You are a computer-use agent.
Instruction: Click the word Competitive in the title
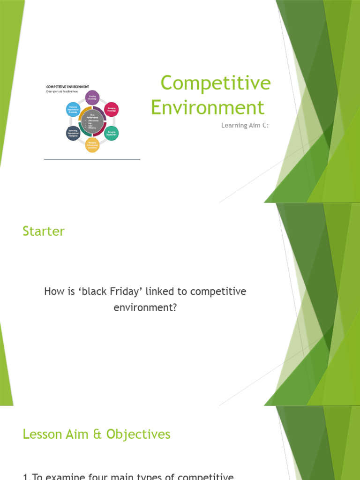216,83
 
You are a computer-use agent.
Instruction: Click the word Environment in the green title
208,107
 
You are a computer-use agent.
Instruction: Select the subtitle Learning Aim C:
244,125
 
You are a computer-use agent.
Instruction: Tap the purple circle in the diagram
92,97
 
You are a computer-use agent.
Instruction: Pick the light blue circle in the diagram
73,110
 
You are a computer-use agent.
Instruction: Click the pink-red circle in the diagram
112,110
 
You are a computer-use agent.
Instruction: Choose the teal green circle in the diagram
112,133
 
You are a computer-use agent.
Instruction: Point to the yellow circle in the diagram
92,145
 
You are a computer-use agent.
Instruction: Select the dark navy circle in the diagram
73,133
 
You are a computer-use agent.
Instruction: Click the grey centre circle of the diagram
92,121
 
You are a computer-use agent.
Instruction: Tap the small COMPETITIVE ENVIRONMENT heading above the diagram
67,87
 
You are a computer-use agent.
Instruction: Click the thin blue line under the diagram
92,160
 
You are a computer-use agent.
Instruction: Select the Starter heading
44,231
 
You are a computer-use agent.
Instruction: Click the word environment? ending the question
145,307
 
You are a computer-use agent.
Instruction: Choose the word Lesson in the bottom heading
43,435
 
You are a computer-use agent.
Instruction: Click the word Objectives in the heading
138,435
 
